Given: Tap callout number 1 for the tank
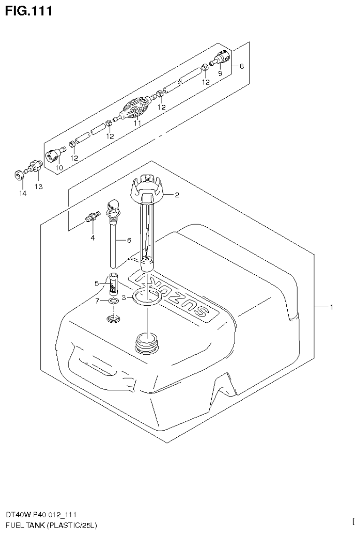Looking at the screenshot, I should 331,307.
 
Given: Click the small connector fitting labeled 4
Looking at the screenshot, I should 92,217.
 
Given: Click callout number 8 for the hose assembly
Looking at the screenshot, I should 241,66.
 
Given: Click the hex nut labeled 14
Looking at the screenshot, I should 19,176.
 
